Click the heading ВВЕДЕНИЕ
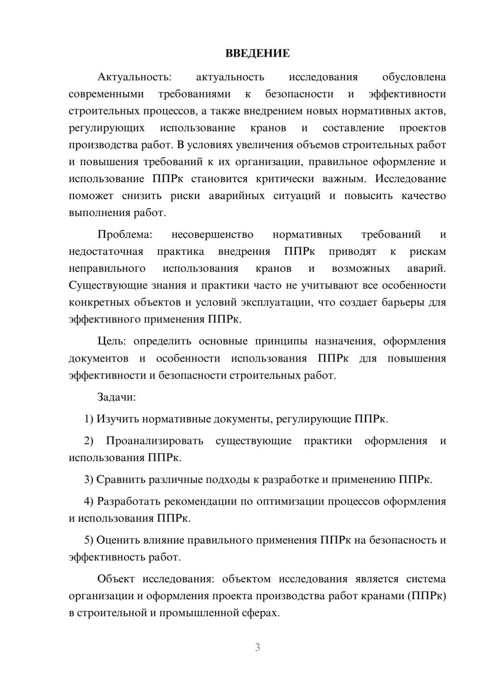[257, 53]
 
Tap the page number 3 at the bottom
[257, 647]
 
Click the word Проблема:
[125, 235]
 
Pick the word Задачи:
[116, 397]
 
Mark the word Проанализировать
[154, 441]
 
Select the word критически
[284, 179]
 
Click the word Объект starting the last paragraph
[115, 579]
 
